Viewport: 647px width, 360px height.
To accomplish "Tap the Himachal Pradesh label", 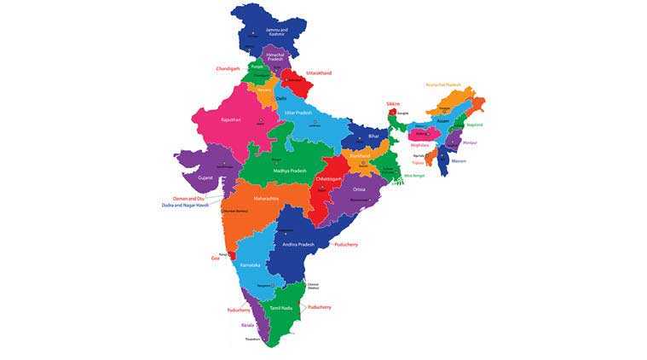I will click(274, 56).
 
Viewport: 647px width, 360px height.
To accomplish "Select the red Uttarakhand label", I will click(318, 73).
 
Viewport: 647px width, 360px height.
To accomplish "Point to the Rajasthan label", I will click(231, 120).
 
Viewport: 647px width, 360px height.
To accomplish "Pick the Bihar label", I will click(373, 136).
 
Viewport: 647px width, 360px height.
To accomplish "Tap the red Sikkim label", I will click(393, 104).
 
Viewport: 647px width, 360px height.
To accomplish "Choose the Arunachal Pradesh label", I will click(443, 84).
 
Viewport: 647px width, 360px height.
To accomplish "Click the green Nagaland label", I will click(474, 125).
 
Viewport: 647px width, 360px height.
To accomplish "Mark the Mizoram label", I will click(459, 160).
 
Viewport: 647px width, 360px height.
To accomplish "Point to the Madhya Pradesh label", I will click(289, 171).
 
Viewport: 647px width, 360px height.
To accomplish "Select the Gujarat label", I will click(205, 177).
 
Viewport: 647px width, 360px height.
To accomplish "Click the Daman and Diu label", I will click(190, 198).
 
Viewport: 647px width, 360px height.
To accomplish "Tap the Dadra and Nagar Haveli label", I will click(185, 205).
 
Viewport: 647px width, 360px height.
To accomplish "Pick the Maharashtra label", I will click(266, 199).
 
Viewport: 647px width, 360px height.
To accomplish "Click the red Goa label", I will click(215, 257).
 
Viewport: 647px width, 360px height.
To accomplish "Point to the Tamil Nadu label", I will click(281, 307).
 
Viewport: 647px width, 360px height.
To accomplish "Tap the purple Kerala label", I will click(247, 325).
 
